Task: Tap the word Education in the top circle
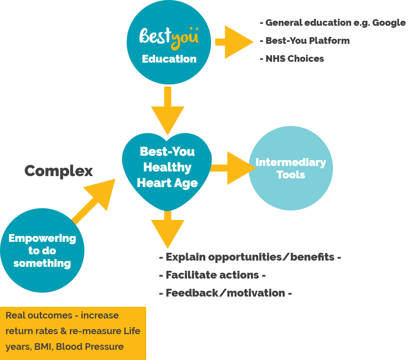coord(169,59)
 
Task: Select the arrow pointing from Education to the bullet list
coord(235,42)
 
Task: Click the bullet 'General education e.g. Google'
coord(335,23)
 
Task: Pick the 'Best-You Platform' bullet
coord(307,41)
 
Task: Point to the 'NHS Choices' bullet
coord(294,59)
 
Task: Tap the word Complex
coord(59,171)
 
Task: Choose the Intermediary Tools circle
coord(290,168)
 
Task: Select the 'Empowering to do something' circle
coord(42,250)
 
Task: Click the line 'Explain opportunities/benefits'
coord(250,257)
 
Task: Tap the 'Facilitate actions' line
coord(212,275)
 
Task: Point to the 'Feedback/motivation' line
coord(225,293)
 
